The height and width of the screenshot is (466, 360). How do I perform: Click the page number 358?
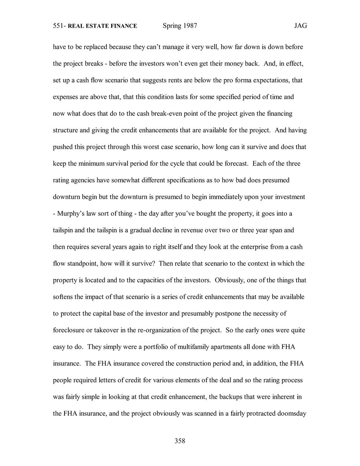coord(180,441)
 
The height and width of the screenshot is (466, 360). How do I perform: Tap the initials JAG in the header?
coord(300,26)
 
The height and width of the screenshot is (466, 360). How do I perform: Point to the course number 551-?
coord(59,26)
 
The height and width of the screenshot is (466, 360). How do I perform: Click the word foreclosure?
coord(69,330)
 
